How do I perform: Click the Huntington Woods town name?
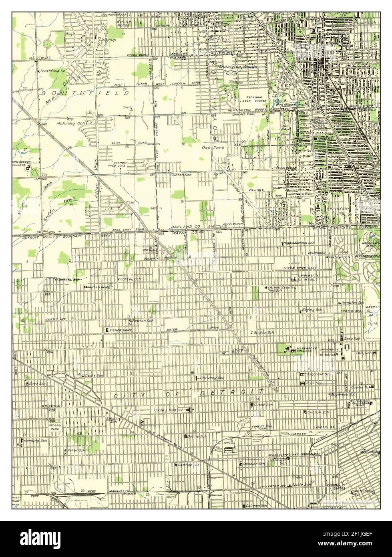[x=240, y=67]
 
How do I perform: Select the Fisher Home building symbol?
[x=107, y=330]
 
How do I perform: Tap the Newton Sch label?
[x=143, y=321]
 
